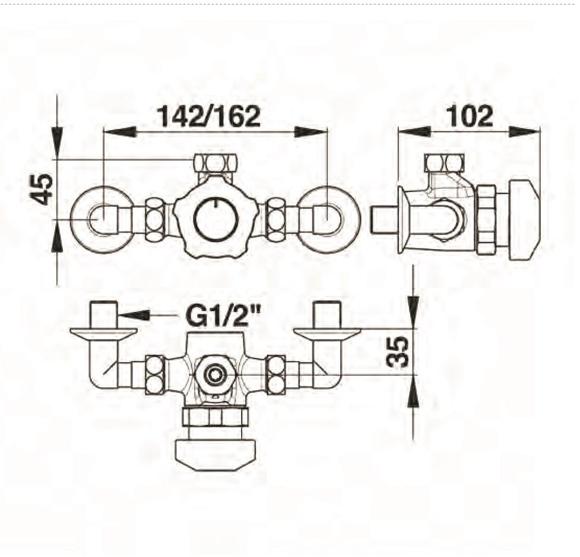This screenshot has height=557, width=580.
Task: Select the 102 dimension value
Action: point(470,116)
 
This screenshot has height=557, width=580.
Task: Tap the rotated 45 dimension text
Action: point(42,189)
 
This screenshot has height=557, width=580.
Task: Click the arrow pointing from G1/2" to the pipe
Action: point(147,315)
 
